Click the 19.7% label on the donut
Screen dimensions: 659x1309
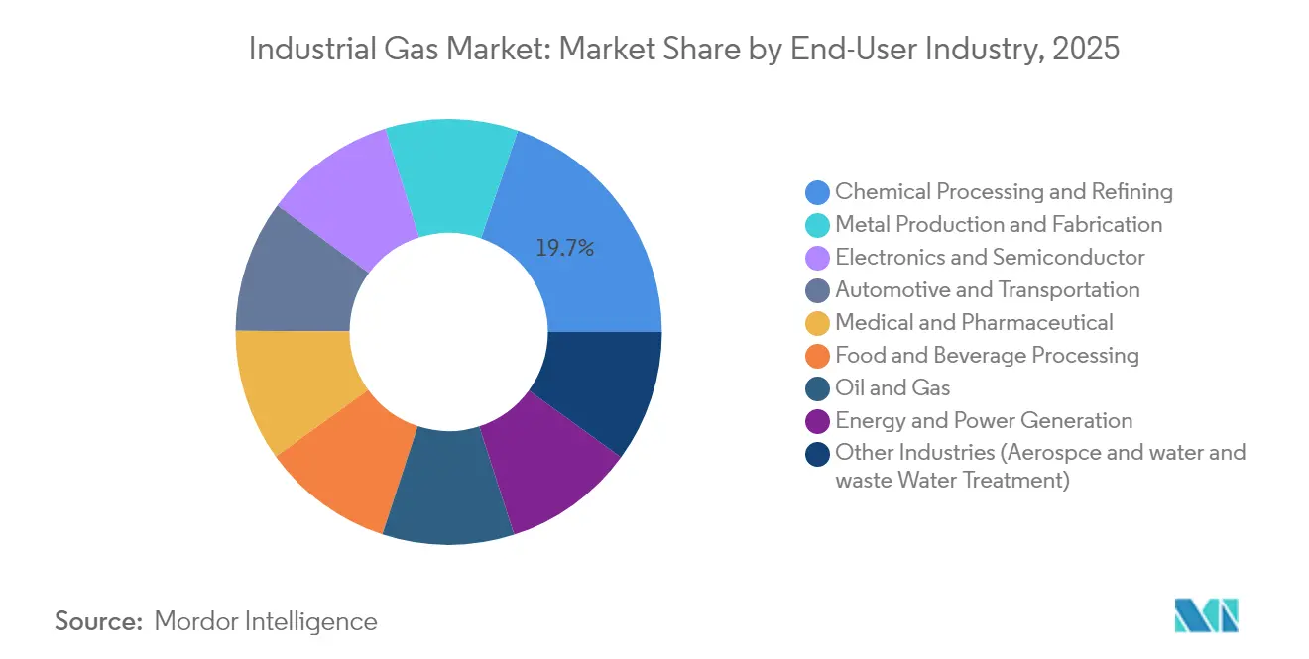[564, 249]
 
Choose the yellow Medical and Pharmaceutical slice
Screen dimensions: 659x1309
[294, 386]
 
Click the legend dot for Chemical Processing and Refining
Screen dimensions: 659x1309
[818, 192]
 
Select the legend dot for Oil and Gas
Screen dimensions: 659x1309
[818, 388]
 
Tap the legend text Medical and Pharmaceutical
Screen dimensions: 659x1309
[974, 322]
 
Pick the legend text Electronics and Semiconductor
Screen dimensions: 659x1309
[990, 258]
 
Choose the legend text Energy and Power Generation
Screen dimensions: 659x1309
[984, 420]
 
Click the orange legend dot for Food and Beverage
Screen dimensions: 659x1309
[818, 356]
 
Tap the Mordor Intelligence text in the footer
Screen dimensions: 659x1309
[266, 621]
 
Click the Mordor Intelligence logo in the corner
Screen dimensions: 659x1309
[1206, 615]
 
